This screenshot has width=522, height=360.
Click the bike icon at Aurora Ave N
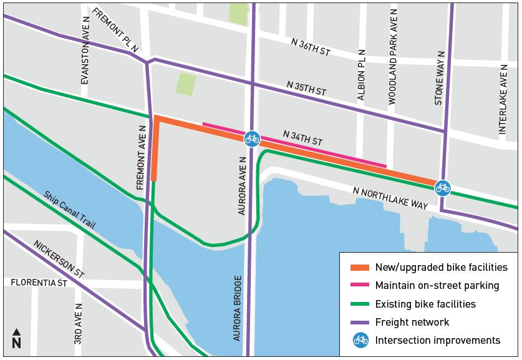point(252,138)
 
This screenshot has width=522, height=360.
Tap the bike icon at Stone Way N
point(442,187)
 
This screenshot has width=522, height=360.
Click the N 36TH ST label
point(311,47)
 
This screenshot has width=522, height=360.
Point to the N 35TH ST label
point(306,87)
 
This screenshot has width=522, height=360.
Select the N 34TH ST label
point(302,138)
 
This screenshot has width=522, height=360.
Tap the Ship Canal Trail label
point(69,210)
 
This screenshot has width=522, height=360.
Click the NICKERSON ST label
point(58,259)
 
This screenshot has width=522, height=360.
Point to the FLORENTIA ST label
point(39,283)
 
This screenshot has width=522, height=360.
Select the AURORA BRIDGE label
point(238,308)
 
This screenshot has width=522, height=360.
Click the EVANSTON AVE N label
point(85,59)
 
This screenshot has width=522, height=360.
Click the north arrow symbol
point(16,339)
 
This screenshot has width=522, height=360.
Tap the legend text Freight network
point(412,322)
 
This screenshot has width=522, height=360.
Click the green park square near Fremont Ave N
point(185,84)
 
